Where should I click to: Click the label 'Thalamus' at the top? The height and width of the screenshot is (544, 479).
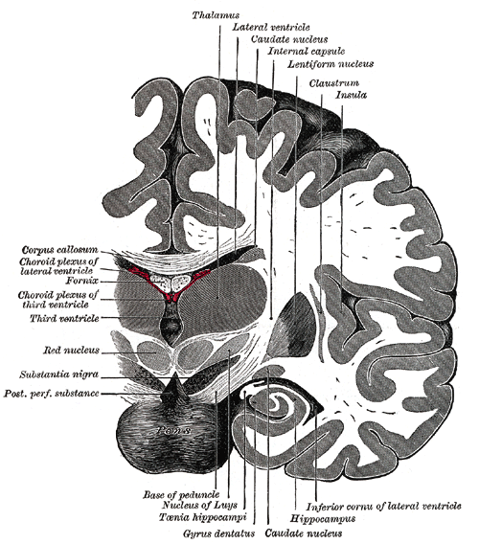pos(216,15)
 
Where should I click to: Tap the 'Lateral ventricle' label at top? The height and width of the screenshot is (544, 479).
pos(271,27)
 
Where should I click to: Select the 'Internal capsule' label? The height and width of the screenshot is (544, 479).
pos(307,52)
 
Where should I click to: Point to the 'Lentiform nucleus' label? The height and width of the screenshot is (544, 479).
pos(331,64)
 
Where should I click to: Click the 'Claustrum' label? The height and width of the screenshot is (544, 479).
pos(334,83)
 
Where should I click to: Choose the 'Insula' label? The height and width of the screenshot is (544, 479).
pos(351,95)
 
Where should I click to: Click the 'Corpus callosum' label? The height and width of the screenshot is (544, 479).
pos(59,250)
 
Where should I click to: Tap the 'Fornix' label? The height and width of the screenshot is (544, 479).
pos(82,281)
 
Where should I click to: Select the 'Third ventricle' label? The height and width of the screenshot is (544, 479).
pos(64,318)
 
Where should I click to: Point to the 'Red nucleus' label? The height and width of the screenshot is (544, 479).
pos(71,351)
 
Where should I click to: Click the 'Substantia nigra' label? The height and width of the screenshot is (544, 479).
pos(59,374)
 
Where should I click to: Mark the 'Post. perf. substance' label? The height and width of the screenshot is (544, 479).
pos(52,394)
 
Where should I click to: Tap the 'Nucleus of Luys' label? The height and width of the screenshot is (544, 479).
pos(199,505)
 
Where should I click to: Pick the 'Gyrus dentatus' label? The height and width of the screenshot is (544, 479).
pos(219,533)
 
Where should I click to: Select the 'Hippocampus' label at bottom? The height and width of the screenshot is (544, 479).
pos(323,519)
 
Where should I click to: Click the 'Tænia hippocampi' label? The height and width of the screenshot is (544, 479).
pos(203,517)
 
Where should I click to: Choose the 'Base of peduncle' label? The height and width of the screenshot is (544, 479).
pos(181,494)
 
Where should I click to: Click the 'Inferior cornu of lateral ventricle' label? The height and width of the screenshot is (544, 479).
pos(383,507)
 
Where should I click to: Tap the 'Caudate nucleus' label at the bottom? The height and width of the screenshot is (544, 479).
pos(304,533)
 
